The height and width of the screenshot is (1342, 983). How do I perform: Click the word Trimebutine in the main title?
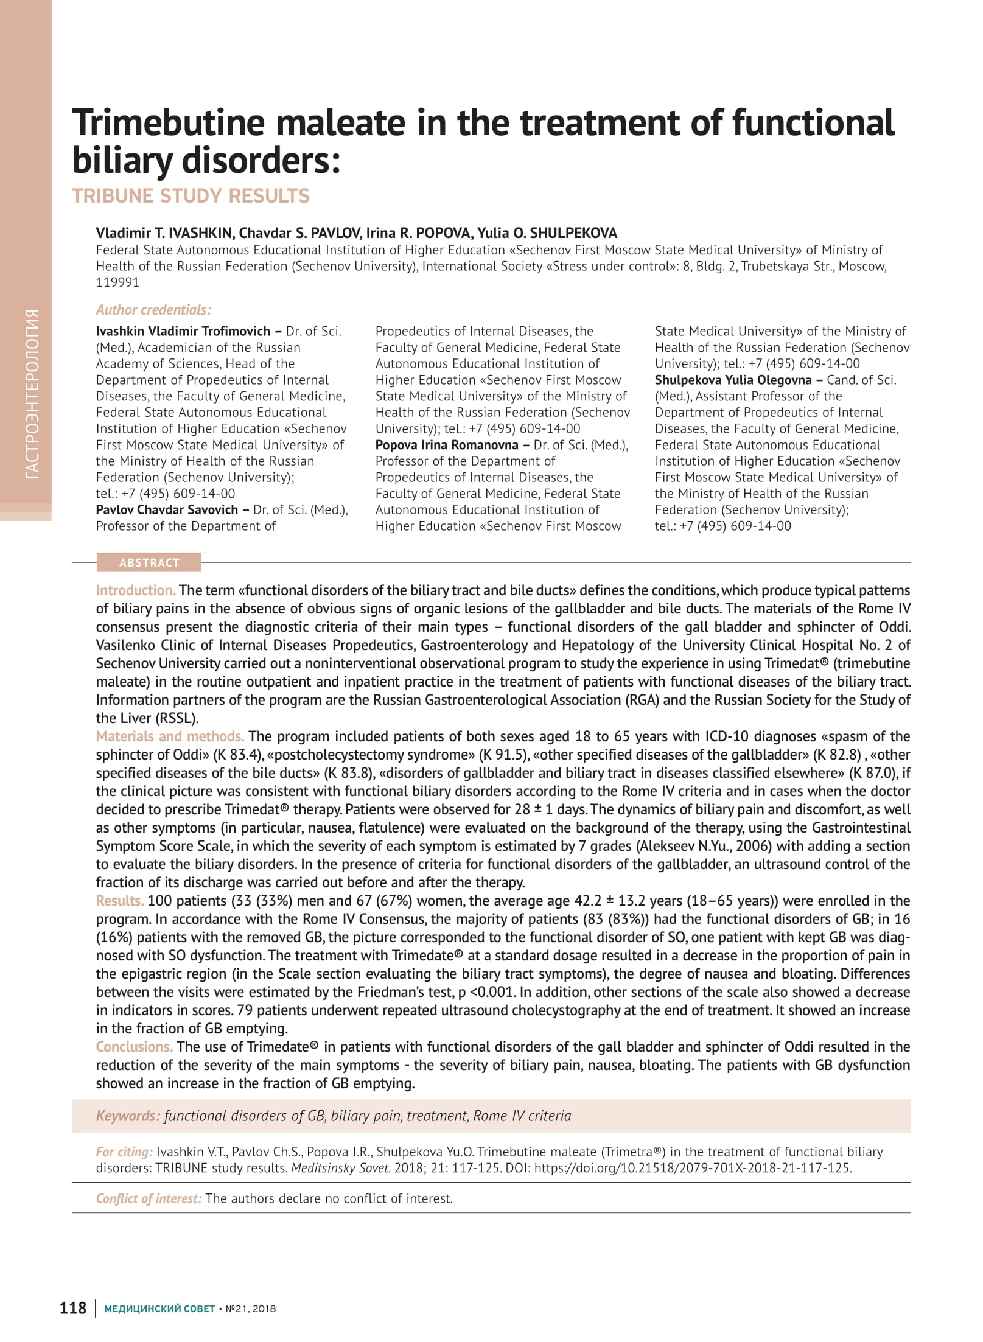click(x=168, y=122)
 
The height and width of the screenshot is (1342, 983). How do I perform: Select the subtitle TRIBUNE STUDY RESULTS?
click(x=191, y=196)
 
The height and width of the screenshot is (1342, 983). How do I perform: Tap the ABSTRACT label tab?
click(x=149, y=563)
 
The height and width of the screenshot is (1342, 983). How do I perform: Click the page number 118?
click(x=73, y=1308)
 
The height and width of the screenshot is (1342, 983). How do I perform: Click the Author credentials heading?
click(x=153, y=310)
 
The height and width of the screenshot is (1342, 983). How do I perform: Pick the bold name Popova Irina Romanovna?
click(x=447, y=445)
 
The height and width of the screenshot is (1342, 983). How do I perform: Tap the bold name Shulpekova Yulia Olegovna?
click(x=733, y=380)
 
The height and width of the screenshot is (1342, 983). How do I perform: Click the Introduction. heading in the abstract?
click(x=136, y=590)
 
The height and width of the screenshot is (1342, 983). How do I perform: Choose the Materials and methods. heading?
click(x=170, y=736)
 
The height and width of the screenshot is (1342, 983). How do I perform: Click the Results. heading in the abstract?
click(x=120, y=901)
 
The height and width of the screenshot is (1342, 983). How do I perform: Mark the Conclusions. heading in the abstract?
click(x=135, y=1047)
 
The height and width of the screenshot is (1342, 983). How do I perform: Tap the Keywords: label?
click(x=128, y=1116)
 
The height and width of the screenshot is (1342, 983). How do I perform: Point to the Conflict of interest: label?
click(x=149, y=1198)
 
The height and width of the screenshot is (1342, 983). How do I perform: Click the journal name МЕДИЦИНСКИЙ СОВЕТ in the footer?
click(x=159, y=1309)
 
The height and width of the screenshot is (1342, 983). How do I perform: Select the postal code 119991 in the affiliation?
click(x=117, y=282)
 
